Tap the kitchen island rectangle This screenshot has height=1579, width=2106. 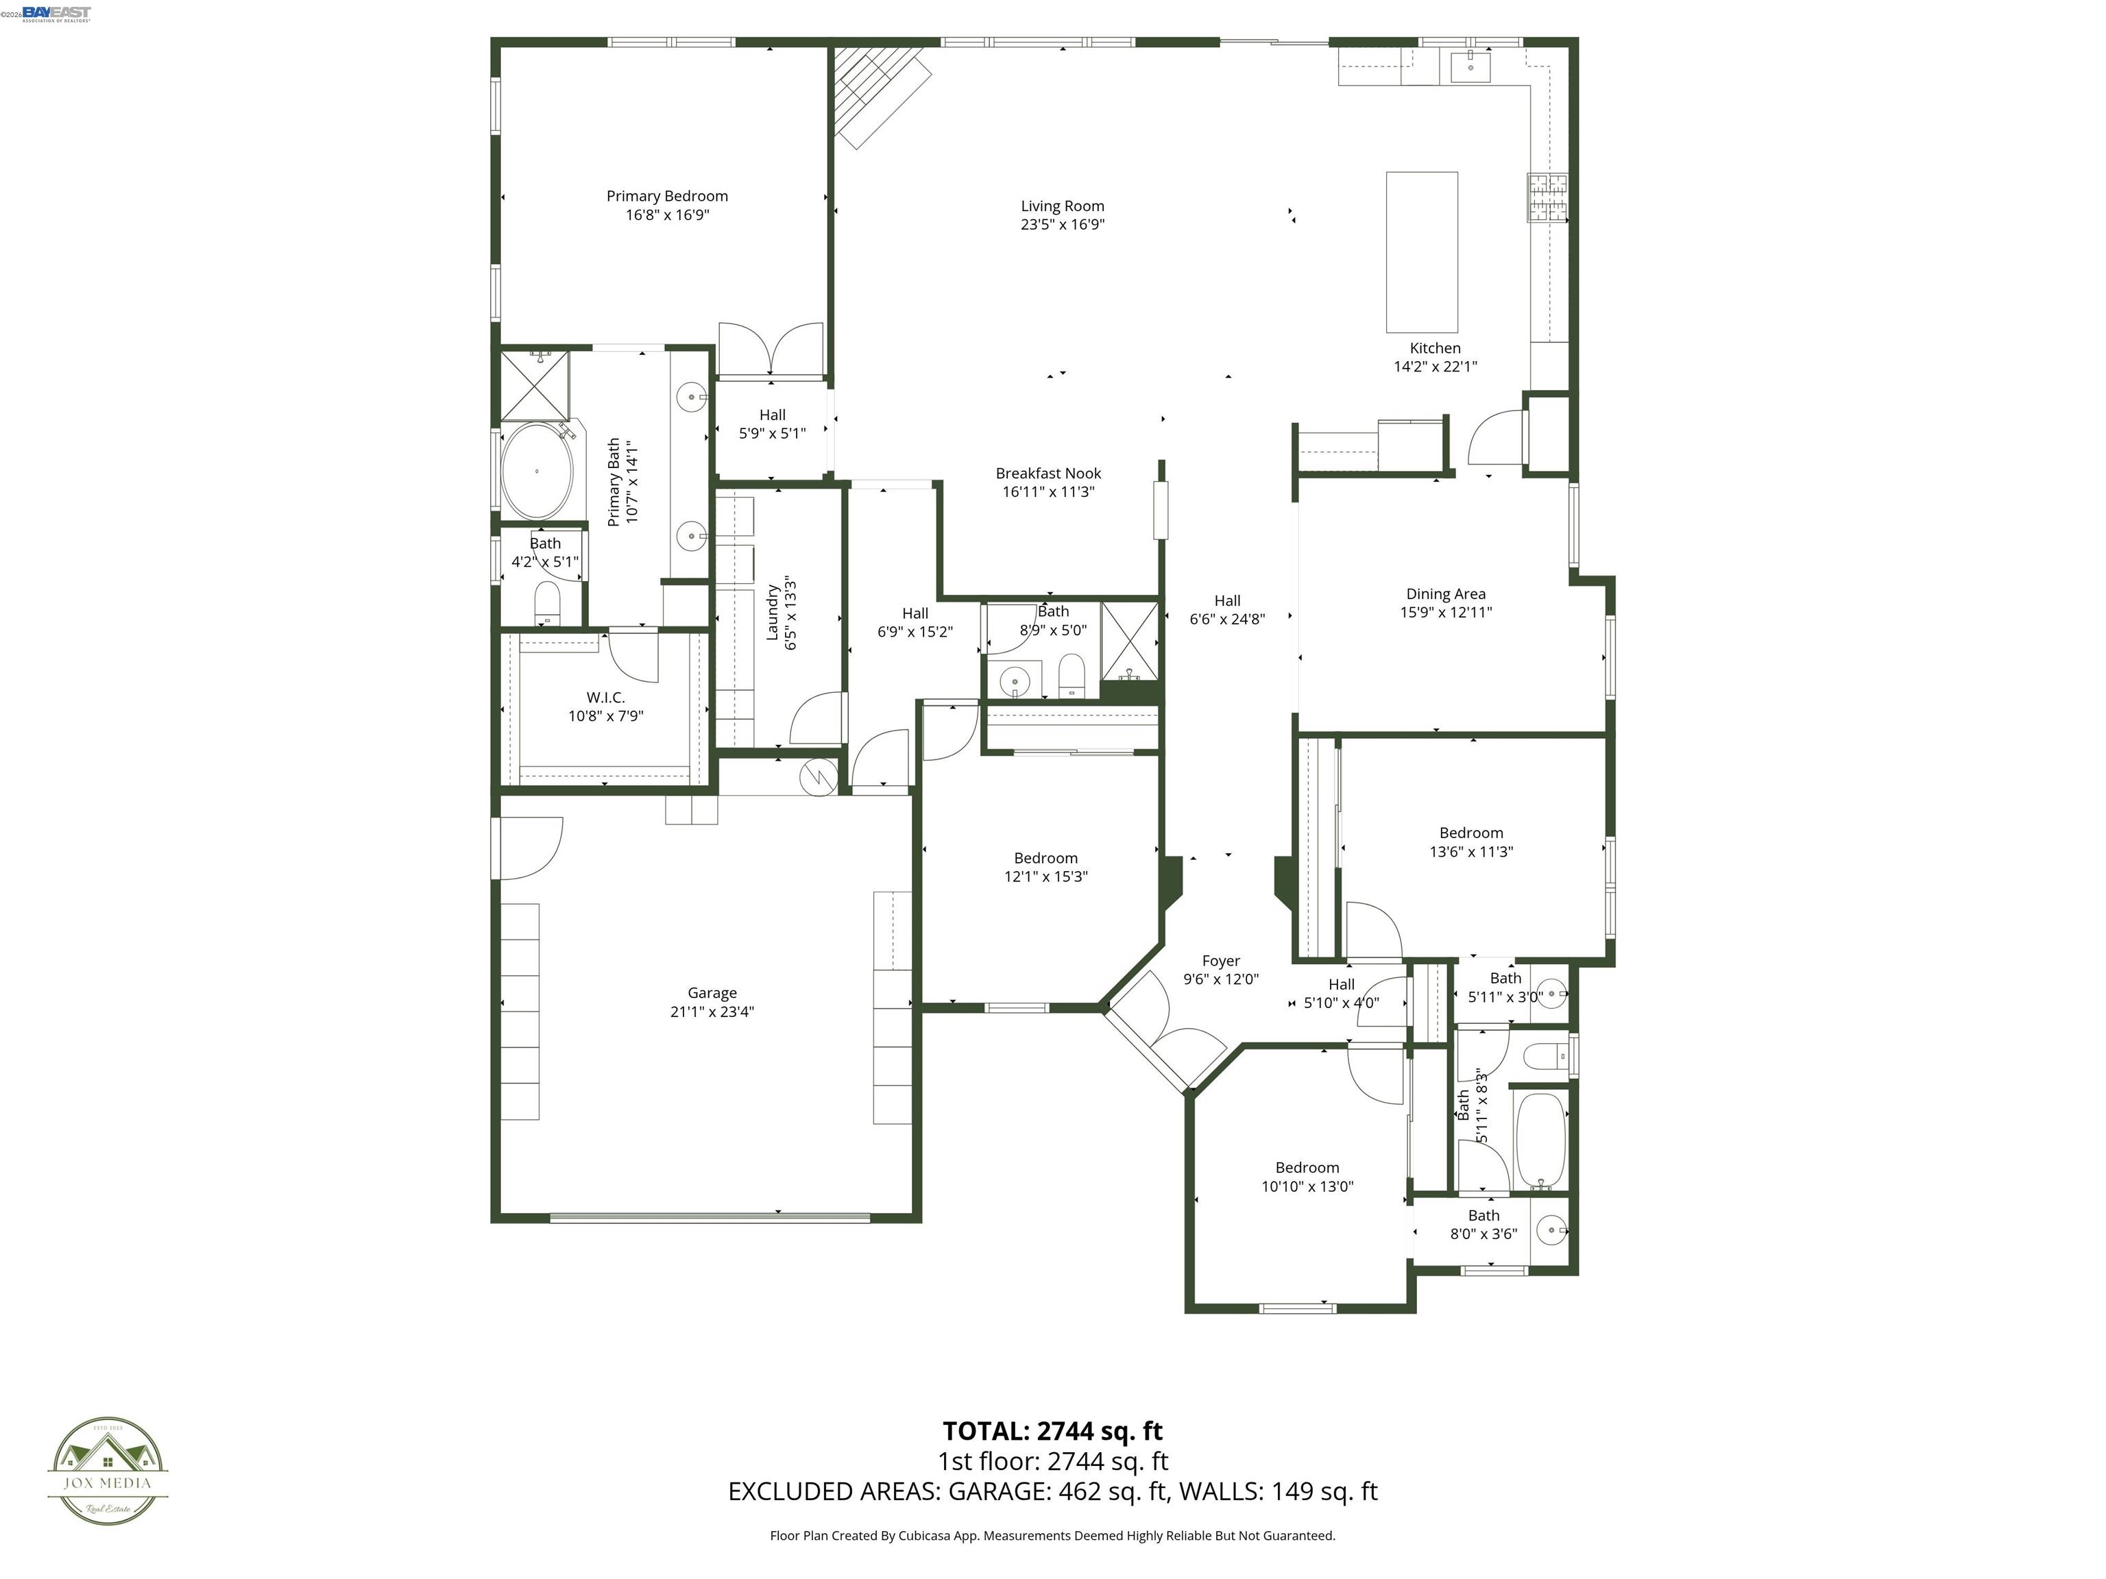tap(1420, 252)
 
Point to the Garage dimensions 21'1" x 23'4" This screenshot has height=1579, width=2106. tap(712, 1012)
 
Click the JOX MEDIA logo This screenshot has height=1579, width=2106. tap(108, 1471)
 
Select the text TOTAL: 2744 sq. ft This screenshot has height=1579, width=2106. tap(1052, 1430)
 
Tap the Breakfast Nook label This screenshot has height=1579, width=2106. tap(1048, 473)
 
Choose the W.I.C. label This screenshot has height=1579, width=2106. tap(605, 698)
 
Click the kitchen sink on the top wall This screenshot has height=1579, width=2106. tap(1470, 66)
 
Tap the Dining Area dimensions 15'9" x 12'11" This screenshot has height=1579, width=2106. tap(1445, 613)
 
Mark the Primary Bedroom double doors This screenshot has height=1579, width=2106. tap(771, 350)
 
